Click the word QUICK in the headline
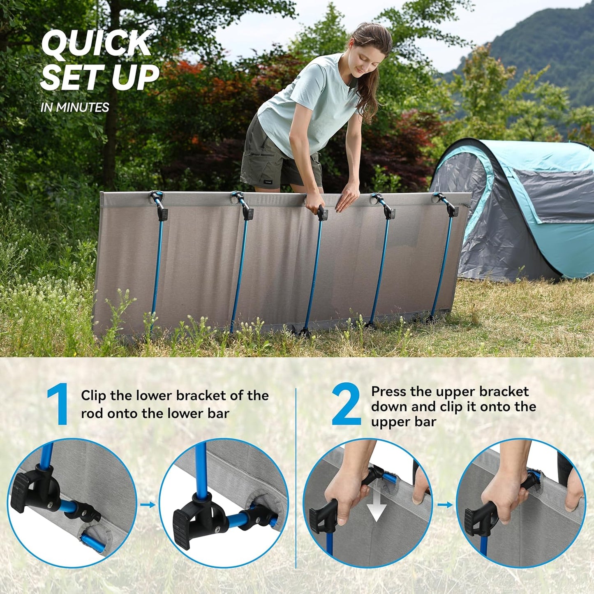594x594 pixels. (x=96, y=43)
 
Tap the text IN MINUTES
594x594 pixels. (x=75, y=107)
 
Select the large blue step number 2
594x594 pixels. (x=346, y=404)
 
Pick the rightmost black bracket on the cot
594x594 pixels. (x=453, y=210)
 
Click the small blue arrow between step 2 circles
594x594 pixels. (x=445, y=505)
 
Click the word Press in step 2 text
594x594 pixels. (x=388, y=391)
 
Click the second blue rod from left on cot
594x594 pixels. (x=238, y=271)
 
